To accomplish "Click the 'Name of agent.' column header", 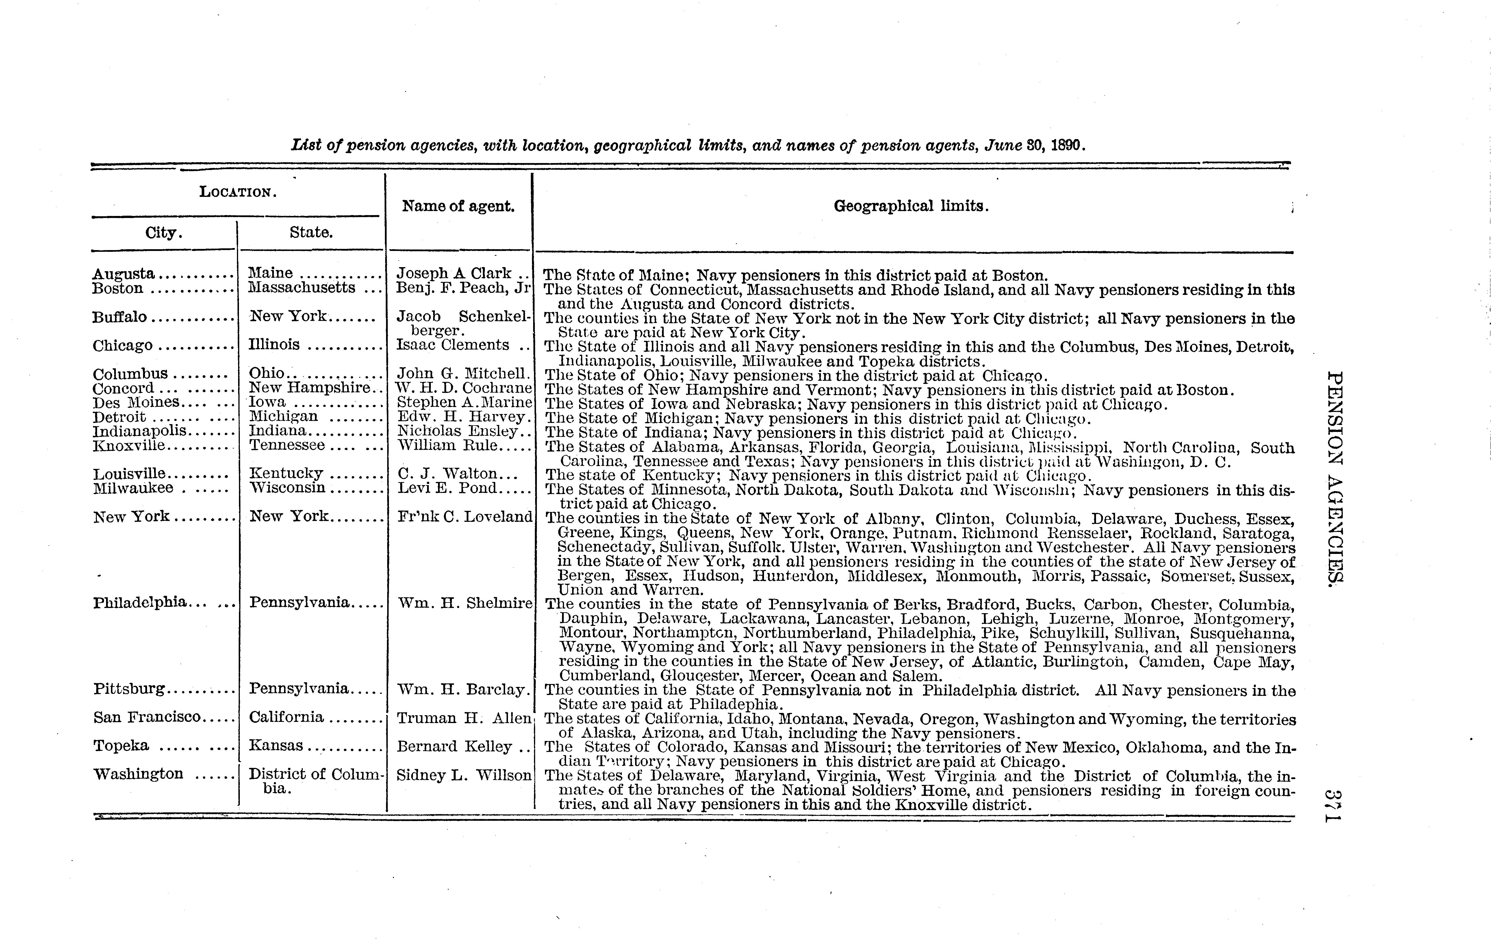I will pos(458,206).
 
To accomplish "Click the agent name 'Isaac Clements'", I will pos(453,345).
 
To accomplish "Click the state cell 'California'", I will pos(286,717).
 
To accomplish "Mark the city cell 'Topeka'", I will pos(121,746).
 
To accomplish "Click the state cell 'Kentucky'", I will pos(286,474).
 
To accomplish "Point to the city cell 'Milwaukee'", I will pos(133,488).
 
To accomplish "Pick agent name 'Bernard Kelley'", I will pos(454,747).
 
